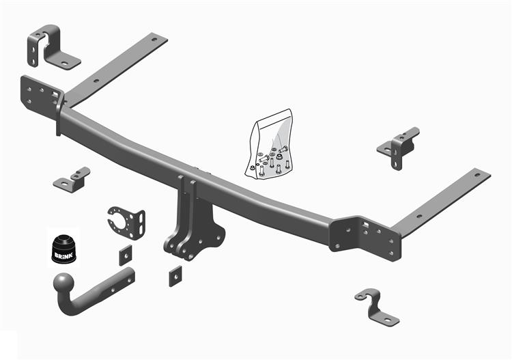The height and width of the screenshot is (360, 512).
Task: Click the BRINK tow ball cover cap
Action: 63,249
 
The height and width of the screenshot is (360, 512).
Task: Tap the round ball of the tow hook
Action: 63,283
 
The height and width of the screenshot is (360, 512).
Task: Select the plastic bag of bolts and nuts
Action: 270,144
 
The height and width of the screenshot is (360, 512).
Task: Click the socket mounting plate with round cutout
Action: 126,223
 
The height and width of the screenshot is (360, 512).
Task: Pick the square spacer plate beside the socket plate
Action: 126,255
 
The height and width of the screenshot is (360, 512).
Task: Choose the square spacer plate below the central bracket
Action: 175,277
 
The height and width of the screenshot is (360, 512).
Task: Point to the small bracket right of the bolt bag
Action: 399,148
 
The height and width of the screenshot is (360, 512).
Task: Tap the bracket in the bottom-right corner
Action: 377,307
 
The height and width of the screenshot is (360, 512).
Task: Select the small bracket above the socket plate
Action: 72,180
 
